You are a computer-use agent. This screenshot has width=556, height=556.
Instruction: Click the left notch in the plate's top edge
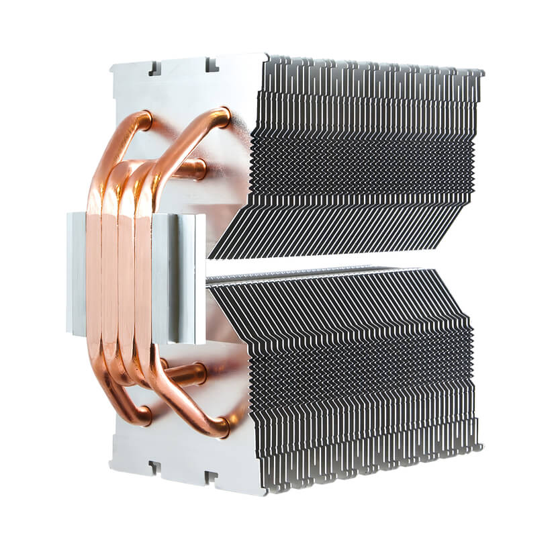coord(153,68)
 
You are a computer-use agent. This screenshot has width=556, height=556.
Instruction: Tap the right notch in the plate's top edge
coord(212,64)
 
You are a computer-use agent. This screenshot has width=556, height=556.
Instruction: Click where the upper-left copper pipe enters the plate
coord(144,121)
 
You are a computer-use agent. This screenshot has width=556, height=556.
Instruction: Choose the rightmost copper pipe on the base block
coord(143,275)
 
